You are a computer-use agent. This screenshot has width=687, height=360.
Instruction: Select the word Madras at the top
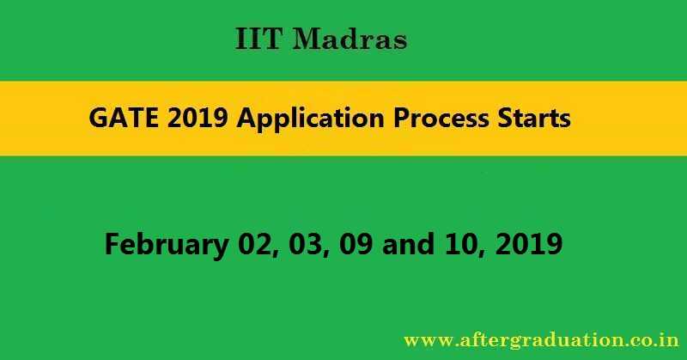pyautogui.click(x=350, y=40)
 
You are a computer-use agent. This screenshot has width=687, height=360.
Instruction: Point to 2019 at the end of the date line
pyautogui.click(x=527, y=244)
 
